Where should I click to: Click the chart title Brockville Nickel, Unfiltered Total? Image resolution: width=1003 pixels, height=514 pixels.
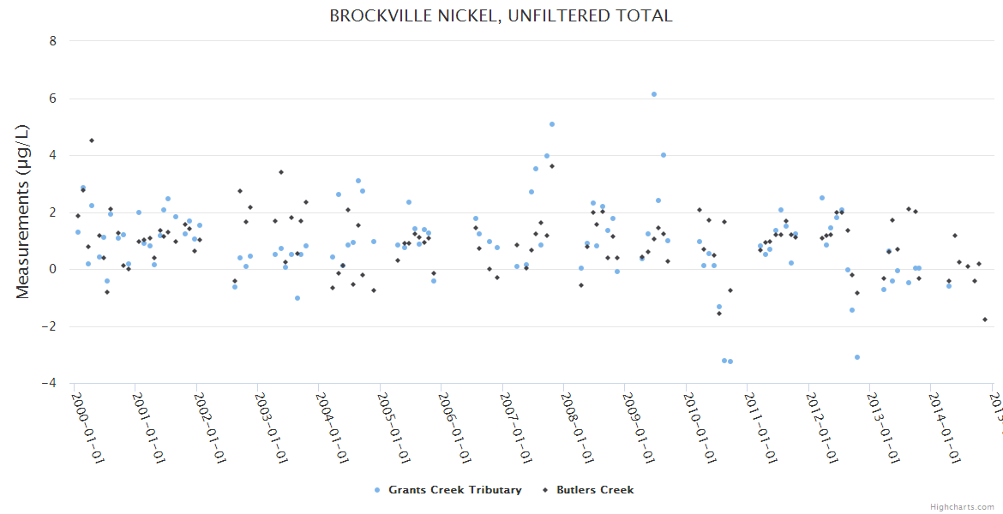[501, 15]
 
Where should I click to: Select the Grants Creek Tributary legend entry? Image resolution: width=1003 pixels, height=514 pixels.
[454, 490]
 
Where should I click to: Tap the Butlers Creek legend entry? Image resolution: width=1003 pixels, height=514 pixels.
[595, 490]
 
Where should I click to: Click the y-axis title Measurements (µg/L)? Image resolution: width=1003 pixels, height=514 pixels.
[23, 212]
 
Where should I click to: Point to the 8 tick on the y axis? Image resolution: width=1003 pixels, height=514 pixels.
[53, 41]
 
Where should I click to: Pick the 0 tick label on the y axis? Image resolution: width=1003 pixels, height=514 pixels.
[53, 269]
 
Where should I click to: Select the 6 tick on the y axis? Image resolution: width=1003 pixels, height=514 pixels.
[53, 99]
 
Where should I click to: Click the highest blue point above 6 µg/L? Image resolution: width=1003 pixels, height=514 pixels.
[653, 94]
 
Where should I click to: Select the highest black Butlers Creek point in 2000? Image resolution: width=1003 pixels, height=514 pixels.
[92, 140]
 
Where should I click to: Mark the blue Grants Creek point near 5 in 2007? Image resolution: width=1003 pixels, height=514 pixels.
[552, 124]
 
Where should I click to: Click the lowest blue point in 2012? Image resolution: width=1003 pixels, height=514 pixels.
[857, 357]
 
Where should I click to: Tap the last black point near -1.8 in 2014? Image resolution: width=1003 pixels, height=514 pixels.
[985, 320]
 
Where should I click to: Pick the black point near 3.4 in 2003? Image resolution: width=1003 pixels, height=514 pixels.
[280, 172]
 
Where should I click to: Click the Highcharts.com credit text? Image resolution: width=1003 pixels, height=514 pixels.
[962, 506]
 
